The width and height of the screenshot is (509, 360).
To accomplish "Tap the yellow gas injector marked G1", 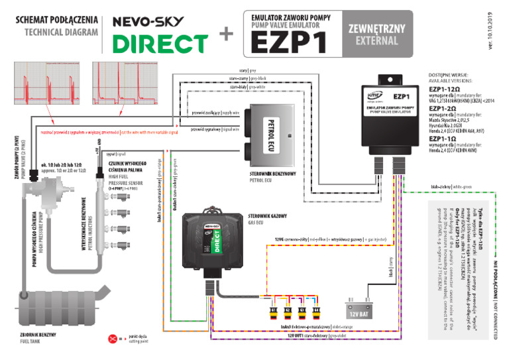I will coord(272,308).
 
